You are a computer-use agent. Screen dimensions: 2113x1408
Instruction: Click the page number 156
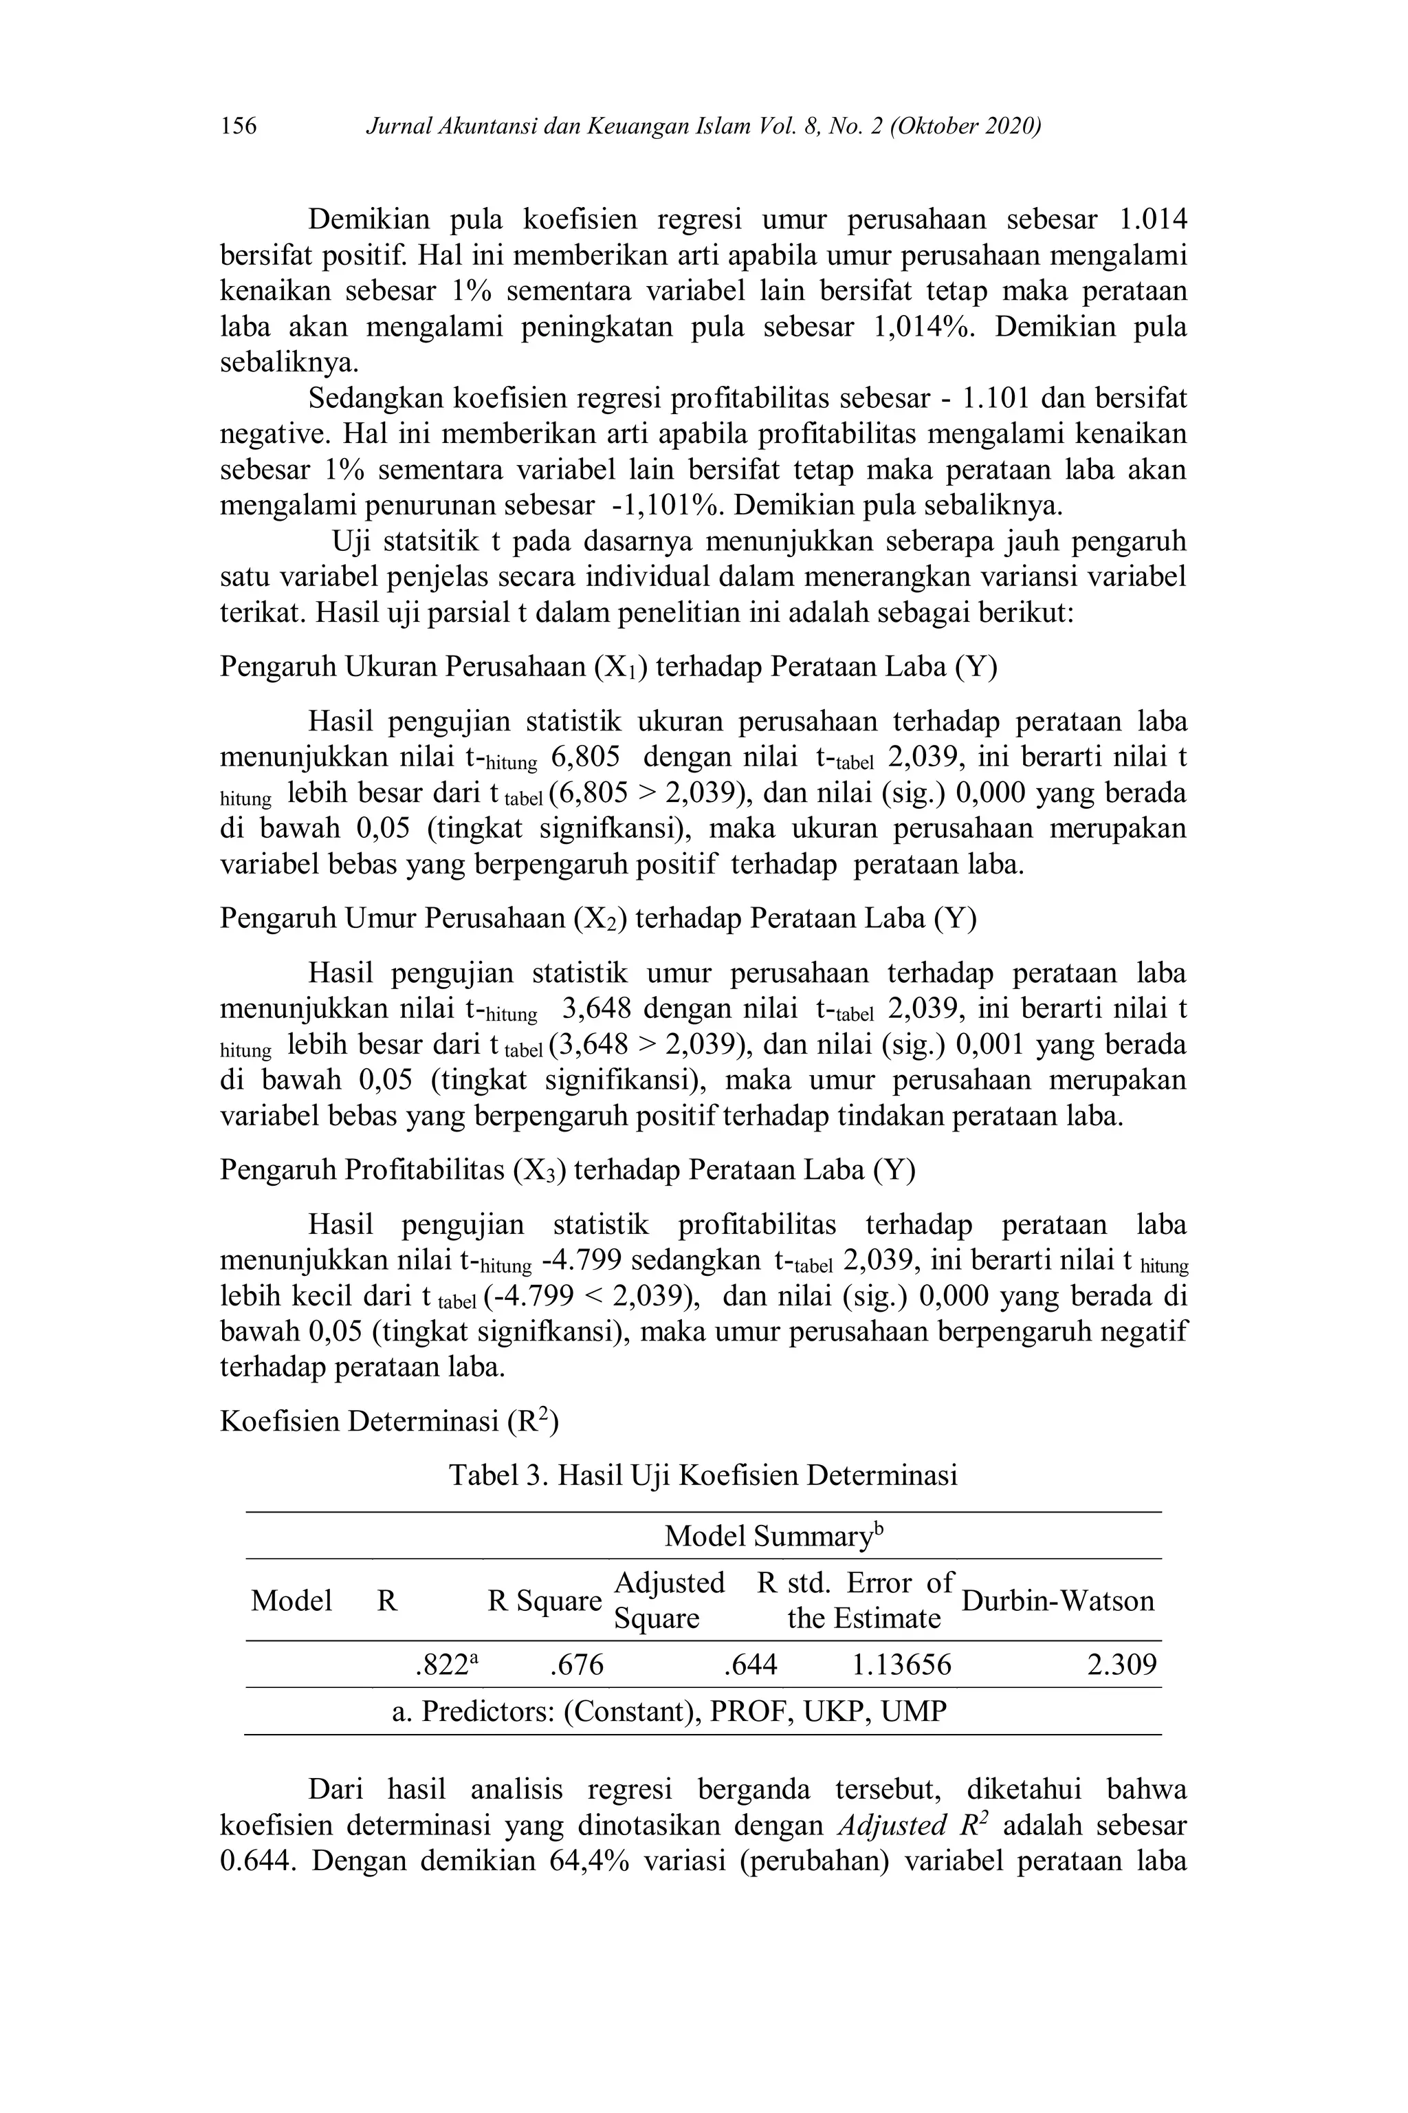pos(239,126)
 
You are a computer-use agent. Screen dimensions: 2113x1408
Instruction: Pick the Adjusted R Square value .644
pos(750,1666)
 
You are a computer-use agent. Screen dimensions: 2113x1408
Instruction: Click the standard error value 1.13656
pos(901,1666)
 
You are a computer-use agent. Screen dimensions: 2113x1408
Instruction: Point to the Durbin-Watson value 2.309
pos(1121,1666)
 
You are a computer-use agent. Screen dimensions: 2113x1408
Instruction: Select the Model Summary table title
pos(774,1536)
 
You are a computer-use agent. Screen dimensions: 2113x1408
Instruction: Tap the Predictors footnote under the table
pos(670,1711)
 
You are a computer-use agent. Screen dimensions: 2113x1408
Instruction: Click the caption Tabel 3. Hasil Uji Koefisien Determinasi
pos(703,1475)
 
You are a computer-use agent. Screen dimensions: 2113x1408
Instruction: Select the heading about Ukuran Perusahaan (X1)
pos(608,667)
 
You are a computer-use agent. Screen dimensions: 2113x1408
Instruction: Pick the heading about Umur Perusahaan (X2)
pos(598,919)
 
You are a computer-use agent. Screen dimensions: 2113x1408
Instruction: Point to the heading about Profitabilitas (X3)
pos(567,1171)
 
